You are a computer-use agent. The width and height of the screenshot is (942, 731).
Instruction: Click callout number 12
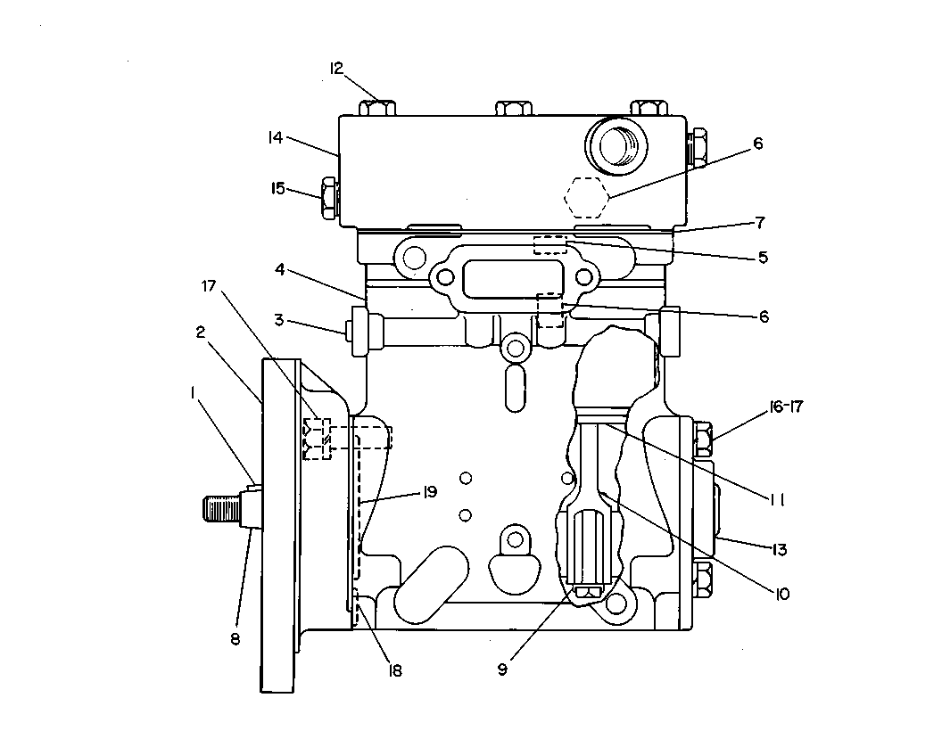(x=335, y=69)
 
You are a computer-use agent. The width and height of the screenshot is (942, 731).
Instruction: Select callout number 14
(x=275, y=138)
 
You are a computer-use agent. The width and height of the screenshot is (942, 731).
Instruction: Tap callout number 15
(x=277, y=188)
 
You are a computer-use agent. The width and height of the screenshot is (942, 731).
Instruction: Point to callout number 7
(x=760, y=223)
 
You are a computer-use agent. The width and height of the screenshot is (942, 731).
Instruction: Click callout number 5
(x=763, y=258)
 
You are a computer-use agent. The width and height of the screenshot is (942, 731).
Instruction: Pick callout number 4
(x=279, y=270)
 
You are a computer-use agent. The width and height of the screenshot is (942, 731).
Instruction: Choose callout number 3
(x=278, y=320)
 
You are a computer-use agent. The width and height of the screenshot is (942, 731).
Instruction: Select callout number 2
(x=201, y=332)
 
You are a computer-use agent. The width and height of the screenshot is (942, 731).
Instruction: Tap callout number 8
(x=235, y=639)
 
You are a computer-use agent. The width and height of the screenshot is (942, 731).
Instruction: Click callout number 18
(x=394, y=670)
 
